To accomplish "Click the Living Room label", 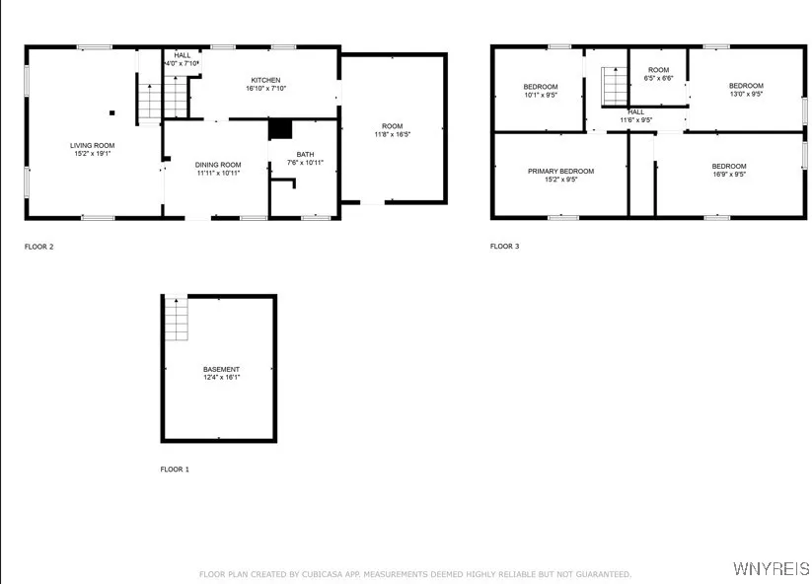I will pyautogui.click(x=92, y=145).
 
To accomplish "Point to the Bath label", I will pyautogui.click(x=305, y=154).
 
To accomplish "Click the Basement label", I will pyautogui.click(x=221, y=369).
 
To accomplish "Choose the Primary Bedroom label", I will pyautogui.click(x=560, y=171).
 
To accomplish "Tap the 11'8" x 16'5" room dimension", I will pyautogui.click(x=393, y=135).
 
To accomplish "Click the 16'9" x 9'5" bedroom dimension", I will pyautogui.click(x=729, y=175).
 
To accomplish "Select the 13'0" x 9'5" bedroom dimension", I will pyautogui.click(x=746, y=95).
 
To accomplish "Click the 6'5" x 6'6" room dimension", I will pyautogui.click(x=658, y=78).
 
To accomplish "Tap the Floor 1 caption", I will pyautogui.click(x=175, y=470).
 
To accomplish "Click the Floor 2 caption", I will pyautogui.click(x=38, y=247).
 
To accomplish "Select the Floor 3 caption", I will pyautogui.click(x=504, y=247).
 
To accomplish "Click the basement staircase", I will pyautogui.click(x=176, y=319).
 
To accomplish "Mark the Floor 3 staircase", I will pyautogui.click(x=614, y=86).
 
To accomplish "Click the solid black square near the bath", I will pyautogui.click(x=281, y=129).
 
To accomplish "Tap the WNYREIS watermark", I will pyautogui.click(x=771, y=569).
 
